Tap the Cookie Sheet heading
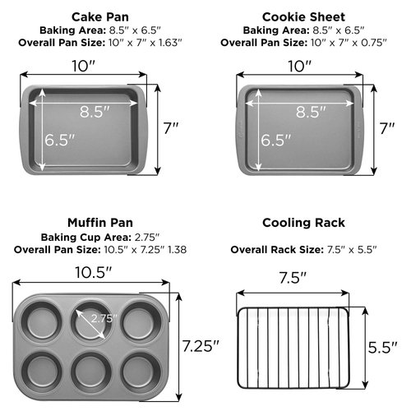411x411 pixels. coord(302,16)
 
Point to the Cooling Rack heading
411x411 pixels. coord(302,222)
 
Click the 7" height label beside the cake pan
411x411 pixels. coord(170,127)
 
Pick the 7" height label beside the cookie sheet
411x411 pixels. coord(387,127)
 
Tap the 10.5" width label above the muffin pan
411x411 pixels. coord(91,270)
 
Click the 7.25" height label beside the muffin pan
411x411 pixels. coord(201,345)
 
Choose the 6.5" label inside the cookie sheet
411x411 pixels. coord(277,140)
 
